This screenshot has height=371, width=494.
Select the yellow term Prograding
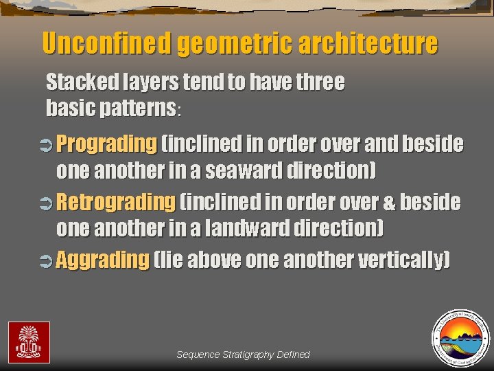(x=106, y=144)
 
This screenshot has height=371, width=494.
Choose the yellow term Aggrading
(x=102, y=260)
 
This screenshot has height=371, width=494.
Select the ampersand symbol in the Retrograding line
(x=389, y=203)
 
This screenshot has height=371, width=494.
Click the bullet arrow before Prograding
(x=48, y=145)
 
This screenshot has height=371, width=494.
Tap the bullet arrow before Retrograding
(x=48, y=203)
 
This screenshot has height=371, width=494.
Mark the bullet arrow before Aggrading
(x=48, y=261)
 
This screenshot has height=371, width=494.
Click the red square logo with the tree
(x=29, y=342)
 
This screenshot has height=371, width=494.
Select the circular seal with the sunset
(x=460, y=339)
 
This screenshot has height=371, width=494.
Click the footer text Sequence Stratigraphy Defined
(x=243, y=355)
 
